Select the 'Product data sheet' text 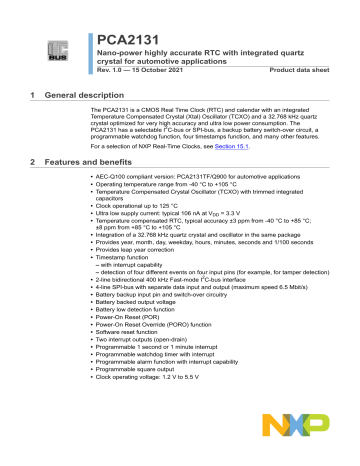(x=304, y=69)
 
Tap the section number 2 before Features (x=34, y=162)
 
